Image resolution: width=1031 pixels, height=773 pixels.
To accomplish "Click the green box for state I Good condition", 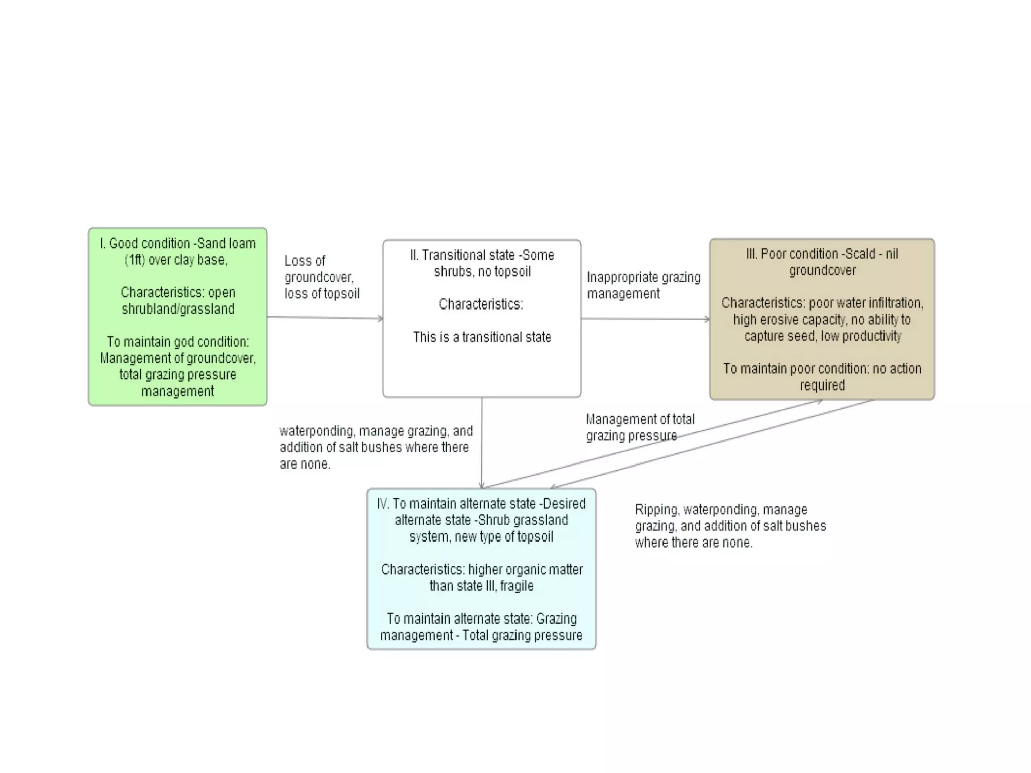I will [x=177, y=317].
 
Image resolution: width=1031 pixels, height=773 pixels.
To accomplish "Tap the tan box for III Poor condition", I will [x=822, y=319].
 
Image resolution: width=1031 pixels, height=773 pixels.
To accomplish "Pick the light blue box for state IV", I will [x=481, y=569].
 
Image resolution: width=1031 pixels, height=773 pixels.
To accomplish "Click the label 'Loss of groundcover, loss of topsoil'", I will [x=322, y=277].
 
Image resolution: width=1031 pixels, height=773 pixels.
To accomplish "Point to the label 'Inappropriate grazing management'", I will [x=643, y=285].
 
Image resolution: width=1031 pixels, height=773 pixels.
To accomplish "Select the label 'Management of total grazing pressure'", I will [x=639, y=427].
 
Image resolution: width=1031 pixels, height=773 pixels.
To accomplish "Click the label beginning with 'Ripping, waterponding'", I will [x=730, y=526].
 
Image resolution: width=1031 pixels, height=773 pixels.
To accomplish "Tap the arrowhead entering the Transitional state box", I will [x=380, y=318].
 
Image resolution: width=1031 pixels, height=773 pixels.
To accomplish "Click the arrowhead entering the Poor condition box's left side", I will [x=707, y=319].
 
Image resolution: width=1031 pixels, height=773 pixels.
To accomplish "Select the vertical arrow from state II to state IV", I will [x=482, y=443].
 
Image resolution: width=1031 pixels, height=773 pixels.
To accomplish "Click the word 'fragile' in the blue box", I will [x=517, y=586].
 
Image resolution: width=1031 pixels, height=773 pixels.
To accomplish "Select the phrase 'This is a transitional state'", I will [x=482, y=337].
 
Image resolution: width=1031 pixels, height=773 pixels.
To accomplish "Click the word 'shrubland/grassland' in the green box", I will [x=178, y=308].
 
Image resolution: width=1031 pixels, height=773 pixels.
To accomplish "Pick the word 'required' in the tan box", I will [x=822, y=385].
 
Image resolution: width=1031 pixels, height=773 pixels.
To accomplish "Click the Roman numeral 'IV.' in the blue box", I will [x=383, y=504].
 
